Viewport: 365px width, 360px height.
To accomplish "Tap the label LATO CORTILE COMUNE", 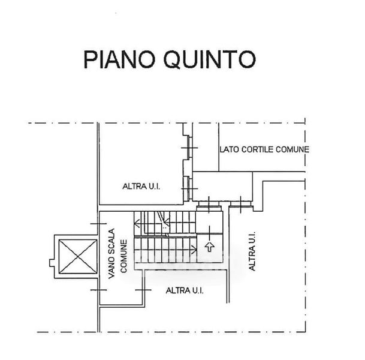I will (x=264, y=149).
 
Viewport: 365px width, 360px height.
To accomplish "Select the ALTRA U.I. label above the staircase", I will (x=142, y=187).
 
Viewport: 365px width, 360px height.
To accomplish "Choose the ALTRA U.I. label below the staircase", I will (x=185, y=290).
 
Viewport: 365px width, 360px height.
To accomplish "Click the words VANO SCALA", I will (x=111, y=256).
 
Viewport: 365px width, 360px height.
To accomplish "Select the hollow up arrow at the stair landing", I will (x=209, y=245).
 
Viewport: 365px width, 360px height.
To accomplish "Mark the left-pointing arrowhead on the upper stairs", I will (x=137, y=225).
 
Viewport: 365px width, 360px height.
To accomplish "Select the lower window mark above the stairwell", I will (x=189, y=186).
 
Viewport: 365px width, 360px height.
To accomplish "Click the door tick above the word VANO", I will (x=96, y=223).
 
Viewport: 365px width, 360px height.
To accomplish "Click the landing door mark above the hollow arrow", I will (x=209, y=208).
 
